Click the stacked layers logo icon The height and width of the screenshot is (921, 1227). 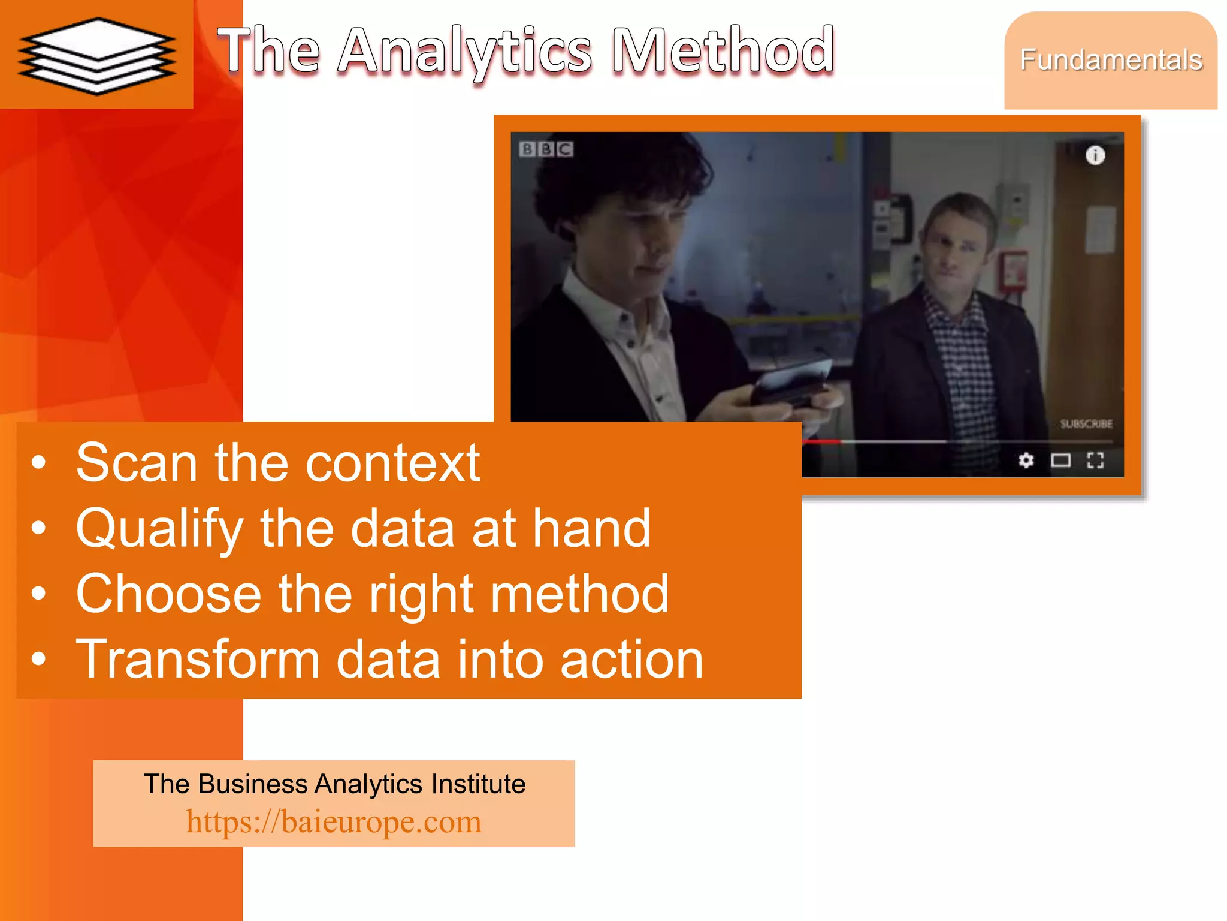click(96, 56)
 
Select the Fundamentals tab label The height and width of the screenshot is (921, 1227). click(1111, 60)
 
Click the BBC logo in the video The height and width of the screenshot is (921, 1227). click(546, 149)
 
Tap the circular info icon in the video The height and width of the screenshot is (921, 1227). click(1095, 155)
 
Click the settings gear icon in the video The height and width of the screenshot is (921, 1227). click(1026, 460)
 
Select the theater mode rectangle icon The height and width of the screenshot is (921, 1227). click(1061, 460)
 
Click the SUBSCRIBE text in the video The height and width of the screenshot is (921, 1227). click(1086, 424)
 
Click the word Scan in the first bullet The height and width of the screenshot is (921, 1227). click(137, 463)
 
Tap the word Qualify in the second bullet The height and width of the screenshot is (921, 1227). click(159, 529)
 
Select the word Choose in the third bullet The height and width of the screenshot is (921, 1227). click(168, 594)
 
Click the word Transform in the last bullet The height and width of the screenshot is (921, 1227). click(198, 659)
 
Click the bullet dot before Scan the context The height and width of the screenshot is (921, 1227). click(39, 463)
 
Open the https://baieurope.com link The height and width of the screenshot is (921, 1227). click(334, 821)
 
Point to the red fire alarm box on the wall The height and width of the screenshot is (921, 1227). click(1014, 272)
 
